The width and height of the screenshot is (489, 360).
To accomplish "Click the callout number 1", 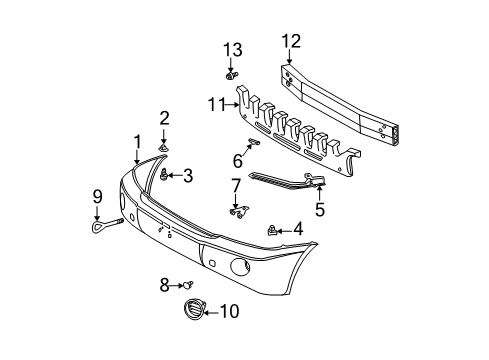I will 136,141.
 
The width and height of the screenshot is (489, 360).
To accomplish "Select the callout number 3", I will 186,176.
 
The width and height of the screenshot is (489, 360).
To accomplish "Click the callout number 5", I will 319,210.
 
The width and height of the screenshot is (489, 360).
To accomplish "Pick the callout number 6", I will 238,160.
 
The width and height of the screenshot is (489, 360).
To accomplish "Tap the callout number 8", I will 164,285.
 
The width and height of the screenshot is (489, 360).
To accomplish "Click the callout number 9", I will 97,195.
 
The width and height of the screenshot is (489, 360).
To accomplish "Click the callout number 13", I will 232,51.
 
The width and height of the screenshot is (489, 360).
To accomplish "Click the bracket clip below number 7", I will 236,211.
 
